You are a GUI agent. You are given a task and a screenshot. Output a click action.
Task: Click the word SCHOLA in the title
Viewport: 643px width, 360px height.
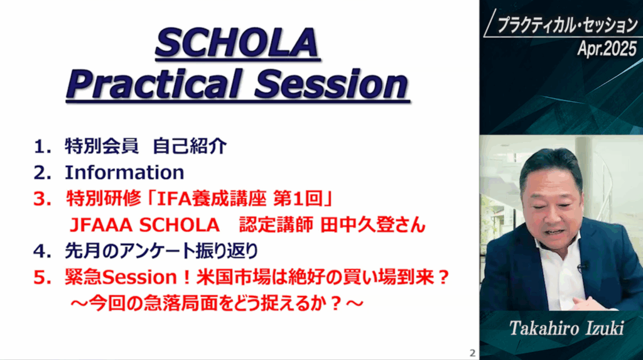coord(237,43)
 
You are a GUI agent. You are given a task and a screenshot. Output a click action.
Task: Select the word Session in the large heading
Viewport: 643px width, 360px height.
coord(332,84)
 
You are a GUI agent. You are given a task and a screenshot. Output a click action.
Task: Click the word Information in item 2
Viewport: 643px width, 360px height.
coord(125,172)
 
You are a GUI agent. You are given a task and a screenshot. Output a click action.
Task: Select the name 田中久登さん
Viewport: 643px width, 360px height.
coord(373,225)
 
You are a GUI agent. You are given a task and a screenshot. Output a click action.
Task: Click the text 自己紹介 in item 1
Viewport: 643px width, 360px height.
coord(190,146)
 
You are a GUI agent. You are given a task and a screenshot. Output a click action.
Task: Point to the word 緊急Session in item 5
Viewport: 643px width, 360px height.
coord(121,278)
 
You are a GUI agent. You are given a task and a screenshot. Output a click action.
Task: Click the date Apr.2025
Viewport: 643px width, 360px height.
coord(607,49)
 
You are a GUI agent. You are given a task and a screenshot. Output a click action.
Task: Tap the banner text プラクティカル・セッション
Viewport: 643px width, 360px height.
coord(568,26)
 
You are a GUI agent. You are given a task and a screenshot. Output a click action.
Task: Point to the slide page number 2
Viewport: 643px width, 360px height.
coord(472,352)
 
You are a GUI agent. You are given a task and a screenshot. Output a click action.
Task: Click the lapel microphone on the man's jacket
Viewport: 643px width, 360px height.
coord(582,267)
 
